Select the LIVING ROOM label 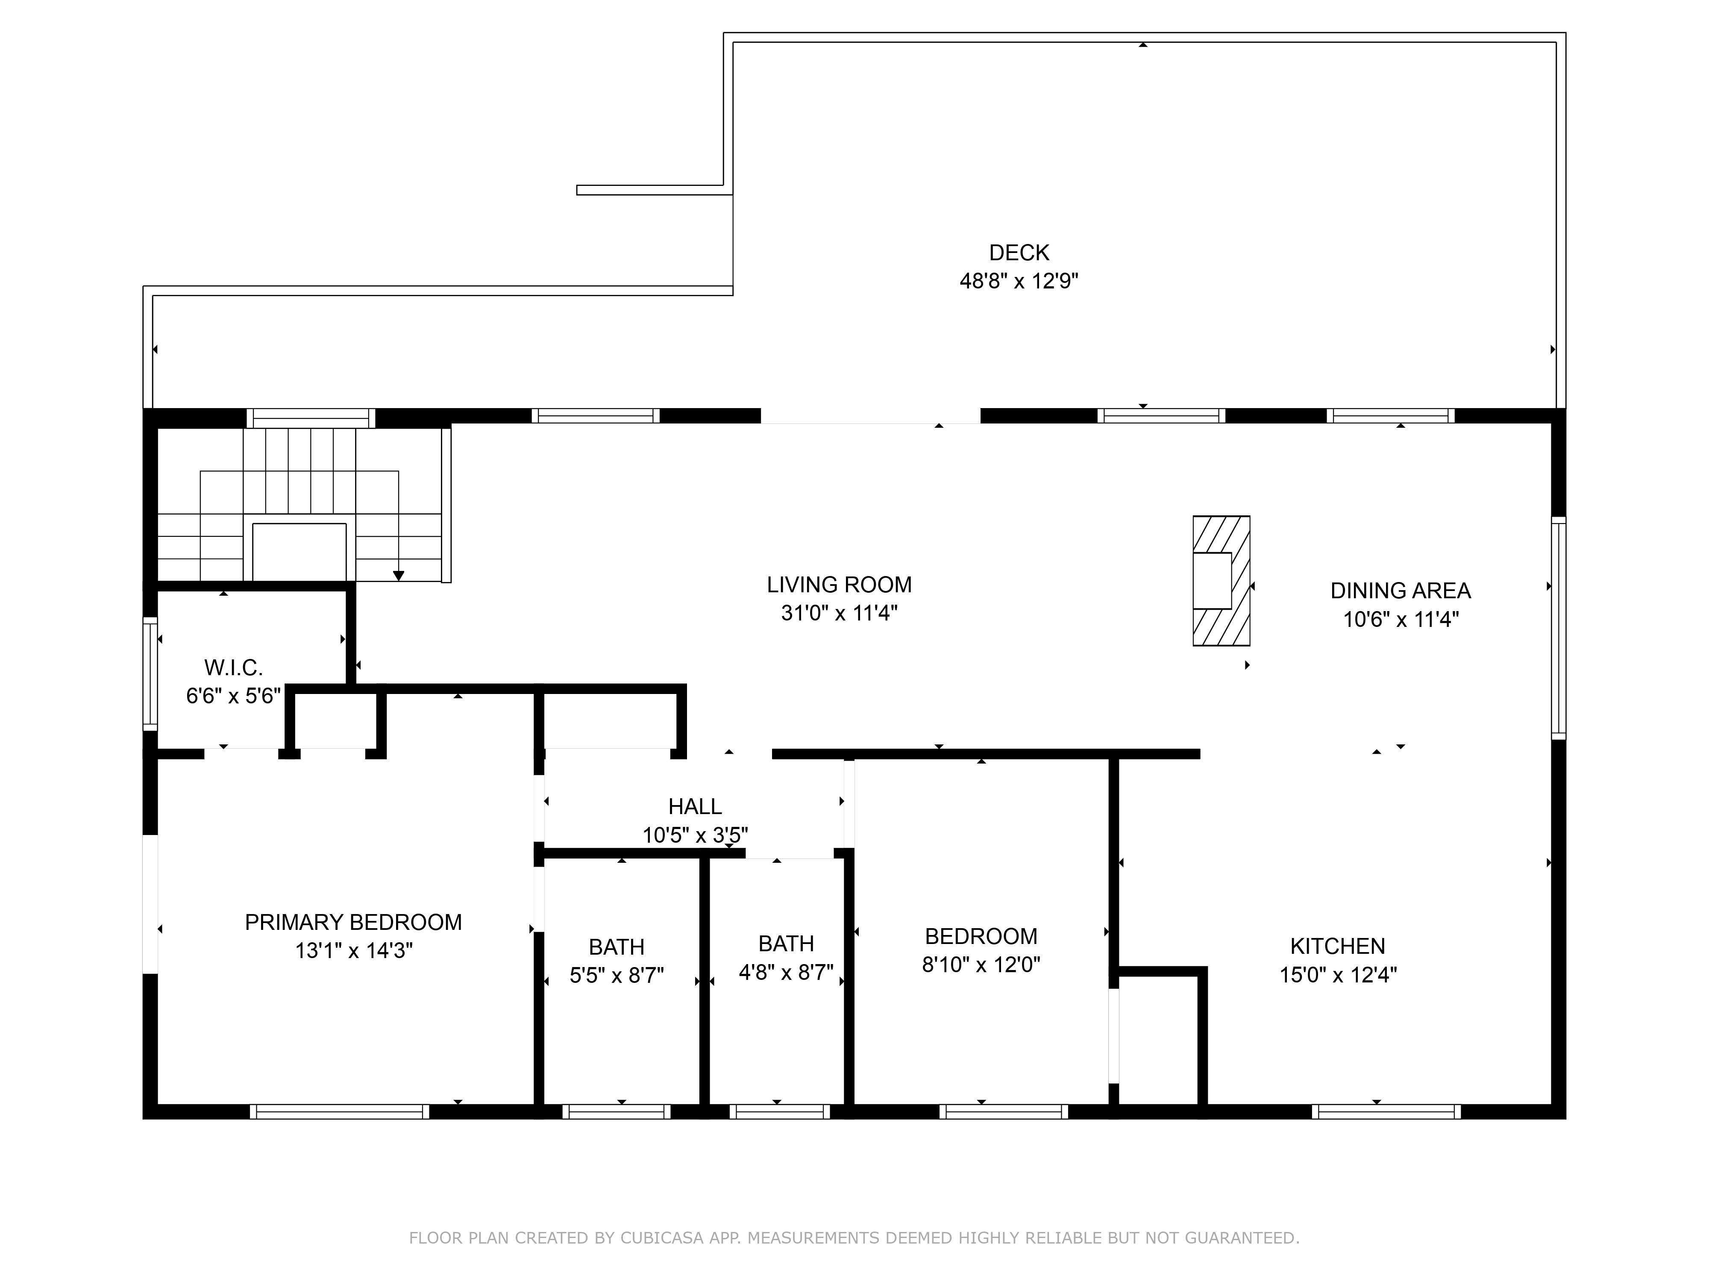[x=839, y=585]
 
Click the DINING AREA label [x=1400, y=591]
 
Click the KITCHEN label [x=1337, y=947]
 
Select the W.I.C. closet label [x=233, y=667]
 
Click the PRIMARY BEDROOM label [x=353, y=923]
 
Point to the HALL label [x=695, y=807]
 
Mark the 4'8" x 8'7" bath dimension [x=786, y=972]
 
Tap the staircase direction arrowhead [x=399, y=576]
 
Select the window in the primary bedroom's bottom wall [x=339, y=1111]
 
